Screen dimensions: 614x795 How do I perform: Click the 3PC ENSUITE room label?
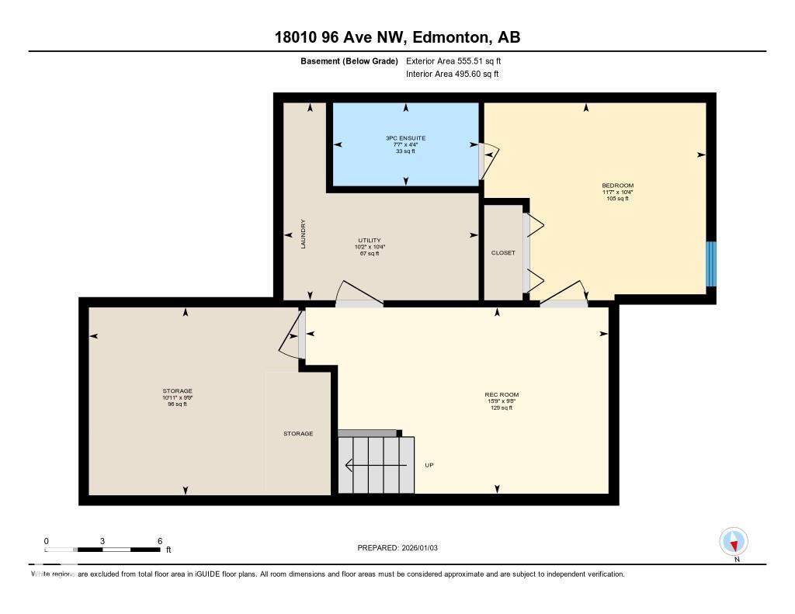click(x=405, y=138)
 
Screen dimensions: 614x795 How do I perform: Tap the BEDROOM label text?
click(x=617, y=186)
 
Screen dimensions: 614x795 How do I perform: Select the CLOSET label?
click(x=503, y=253)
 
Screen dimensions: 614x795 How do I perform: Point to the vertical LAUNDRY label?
click(x=304, y=234)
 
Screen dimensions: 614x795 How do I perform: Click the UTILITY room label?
click(x=369, y=241)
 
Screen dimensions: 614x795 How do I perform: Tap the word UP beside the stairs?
click(x=429, y=466)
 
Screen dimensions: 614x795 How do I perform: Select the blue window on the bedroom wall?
click(x=710, y=264)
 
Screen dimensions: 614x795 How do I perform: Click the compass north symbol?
click(x=733, y=541)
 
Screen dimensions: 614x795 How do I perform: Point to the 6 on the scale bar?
click(x=159, y=541)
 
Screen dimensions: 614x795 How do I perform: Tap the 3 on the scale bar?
click(x=102, y=541)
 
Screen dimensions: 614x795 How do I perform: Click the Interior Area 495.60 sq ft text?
click(x=452, y=75)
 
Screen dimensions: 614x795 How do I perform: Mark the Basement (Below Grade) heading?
click(x=349, y=61)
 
